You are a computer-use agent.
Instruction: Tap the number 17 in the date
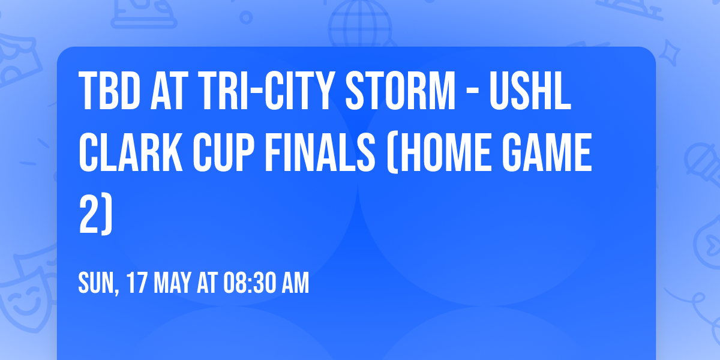pyautogui.click(x=137, y=283)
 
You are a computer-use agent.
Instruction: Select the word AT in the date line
pyautogui.click(x=208, y=283)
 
